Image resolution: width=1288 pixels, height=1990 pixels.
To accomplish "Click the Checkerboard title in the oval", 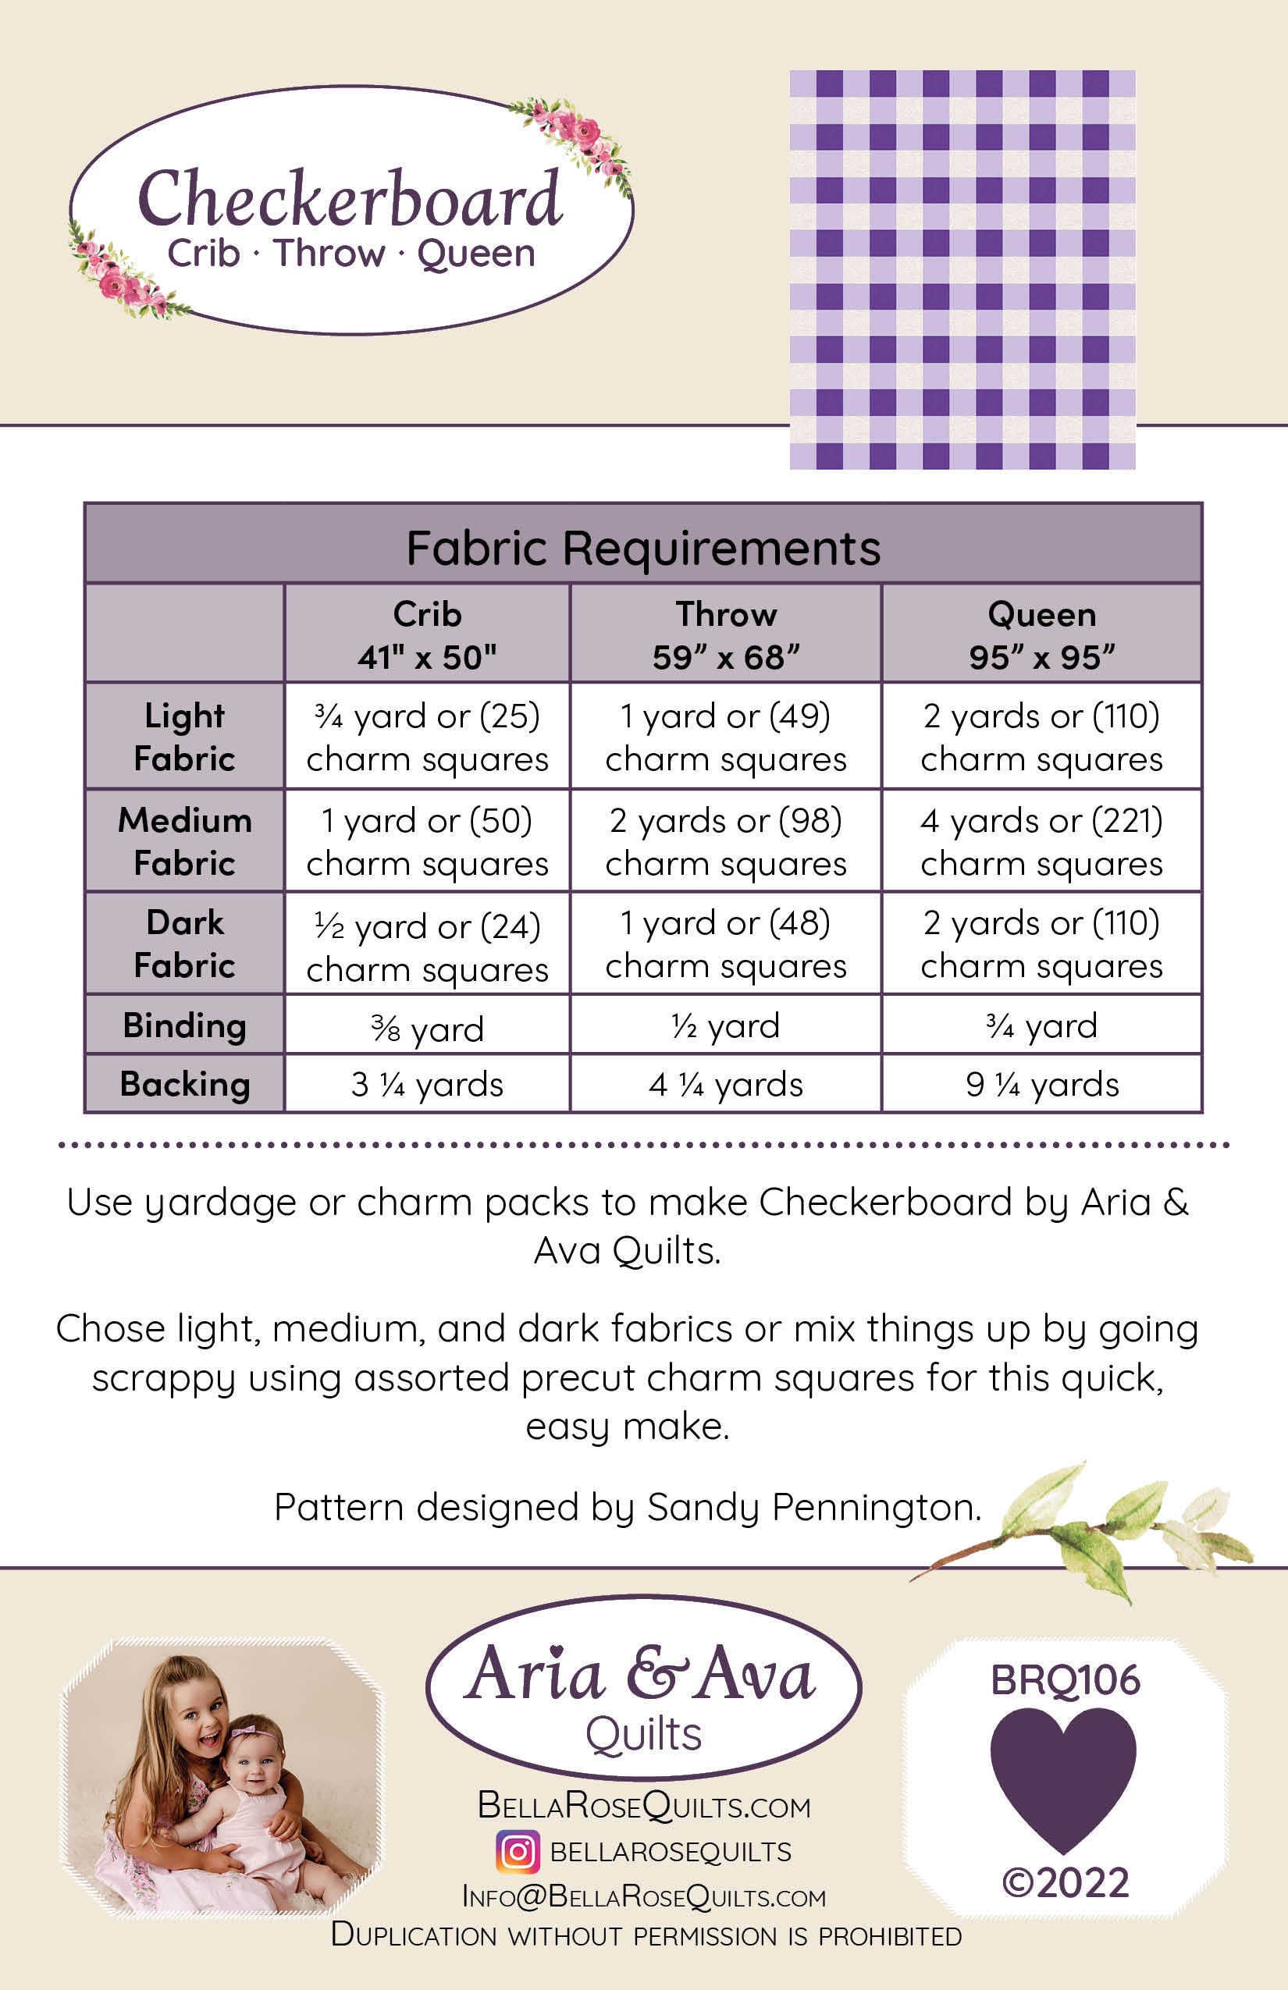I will coord(350,199).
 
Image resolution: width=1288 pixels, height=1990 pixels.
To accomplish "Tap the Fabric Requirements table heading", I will coord(642,549).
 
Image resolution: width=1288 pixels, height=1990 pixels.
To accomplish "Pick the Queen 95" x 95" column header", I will coord(1041,635).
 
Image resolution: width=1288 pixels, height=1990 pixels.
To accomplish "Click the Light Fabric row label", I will coord(184,737).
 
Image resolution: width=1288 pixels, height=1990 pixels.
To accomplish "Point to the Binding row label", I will coord(184,1025).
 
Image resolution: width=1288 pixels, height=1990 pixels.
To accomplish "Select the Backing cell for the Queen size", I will coord(1041,1085).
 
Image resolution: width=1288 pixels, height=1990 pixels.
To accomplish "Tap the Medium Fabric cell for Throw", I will coord(725,841).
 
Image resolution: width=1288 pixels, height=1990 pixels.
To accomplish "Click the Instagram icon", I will coord(518,1851).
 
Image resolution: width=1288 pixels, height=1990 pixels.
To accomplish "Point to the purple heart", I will coord(1063,1776).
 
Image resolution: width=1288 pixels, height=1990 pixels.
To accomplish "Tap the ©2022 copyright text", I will coord(1066,1882).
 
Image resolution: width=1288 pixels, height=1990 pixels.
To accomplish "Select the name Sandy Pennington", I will coord(813,1508).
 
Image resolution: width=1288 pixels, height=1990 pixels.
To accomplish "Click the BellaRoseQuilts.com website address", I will coord(643,1806).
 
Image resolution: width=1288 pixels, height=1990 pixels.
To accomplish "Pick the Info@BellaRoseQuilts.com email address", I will coord(643,1896).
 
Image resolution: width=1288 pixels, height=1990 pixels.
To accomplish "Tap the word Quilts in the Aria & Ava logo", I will coord(643,1734).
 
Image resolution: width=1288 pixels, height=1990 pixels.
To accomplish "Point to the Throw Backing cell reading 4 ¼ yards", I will coord(725,1085).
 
